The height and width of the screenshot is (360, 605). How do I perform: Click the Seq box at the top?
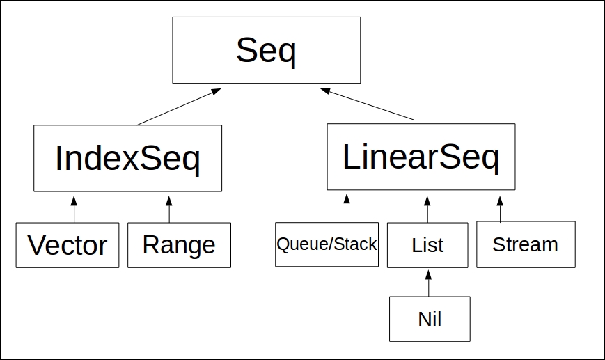pyautogui.click(x=266, y=50)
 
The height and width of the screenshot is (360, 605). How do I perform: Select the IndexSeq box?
pyautogui.click(x=127, y=158)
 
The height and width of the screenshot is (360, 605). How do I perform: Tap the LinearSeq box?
pyautogui.click(x=421, y=157)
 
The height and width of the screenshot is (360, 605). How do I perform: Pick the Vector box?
pyautogui.click(x=68, y=245)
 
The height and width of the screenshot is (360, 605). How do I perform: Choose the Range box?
pyautogui.click(x=180, y=245)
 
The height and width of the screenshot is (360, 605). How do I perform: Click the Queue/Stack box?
pyautogui.click(x=327, y=244)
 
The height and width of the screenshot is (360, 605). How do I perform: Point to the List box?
pyautogui.click(x=427, y=245)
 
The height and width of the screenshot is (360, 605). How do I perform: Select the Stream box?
pyautogui.click(x=526, y=244)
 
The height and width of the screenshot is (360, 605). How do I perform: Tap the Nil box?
pyautogui.click(x=430, y=319)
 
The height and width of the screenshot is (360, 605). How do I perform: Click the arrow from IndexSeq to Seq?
pyautogui.click(x=179, y=107)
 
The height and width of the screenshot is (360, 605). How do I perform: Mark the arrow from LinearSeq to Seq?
pyautogui.click(x=368, y=104)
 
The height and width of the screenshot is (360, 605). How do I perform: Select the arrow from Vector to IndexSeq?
pyautogui.click(x=74, y=209)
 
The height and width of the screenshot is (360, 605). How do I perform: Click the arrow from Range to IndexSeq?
pyautogui.click(x=169, y=209)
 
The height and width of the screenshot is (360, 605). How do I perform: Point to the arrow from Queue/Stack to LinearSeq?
pyautogui.click(x=347, y=208)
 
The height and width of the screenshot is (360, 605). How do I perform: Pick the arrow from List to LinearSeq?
pyautogui.click(x=427, y=209)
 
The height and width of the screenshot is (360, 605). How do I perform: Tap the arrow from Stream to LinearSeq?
pyautogui.click(x=500, y=209)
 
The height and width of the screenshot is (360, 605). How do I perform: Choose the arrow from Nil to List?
pyautogui.click(x=428, y=283)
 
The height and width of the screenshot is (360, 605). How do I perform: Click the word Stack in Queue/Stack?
pyautogui.click(x=355, y=244)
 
